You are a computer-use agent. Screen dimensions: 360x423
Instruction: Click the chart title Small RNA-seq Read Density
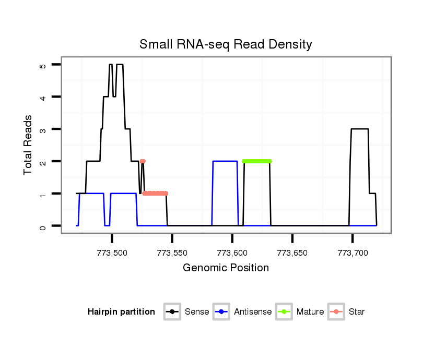coord(226,44)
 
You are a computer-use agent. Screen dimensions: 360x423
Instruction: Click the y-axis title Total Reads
coord(29,145)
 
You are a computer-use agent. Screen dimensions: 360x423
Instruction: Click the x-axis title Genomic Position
coord(226,268)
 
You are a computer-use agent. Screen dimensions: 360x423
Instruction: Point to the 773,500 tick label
coord(112,253)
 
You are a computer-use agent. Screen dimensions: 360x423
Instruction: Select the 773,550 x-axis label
coord(172,253)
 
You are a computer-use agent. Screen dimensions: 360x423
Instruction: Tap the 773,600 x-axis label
coord(232,253)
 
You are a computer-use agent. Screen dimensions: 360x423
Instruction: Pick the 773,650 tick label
coord(292,253)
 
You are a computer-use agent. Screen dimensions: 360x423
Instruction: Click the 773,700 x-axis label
coord(352,253)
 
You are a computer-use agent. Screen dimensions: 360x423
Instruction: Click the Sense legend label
coord(197,312)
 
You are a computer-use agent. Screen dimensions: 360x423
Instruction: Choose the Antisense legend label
coord(253,312)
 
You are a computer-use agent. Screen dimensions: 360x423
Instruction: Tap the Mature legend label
coord(310,312)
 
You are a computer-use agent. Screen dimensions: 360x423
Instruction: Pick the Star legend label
coord(357,312)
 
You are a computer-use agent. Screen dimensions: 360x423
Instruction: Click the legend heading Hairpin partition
coord(121,312)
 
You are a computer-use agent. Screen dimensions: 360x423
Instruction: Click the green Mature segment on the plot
coord(257,161)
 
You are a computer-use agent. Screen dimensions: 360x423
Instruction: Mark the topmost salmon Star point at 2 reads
coord(143,161)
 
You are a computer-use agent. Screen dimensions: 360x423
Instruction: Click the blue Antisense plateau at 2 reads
coord(225,161)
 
